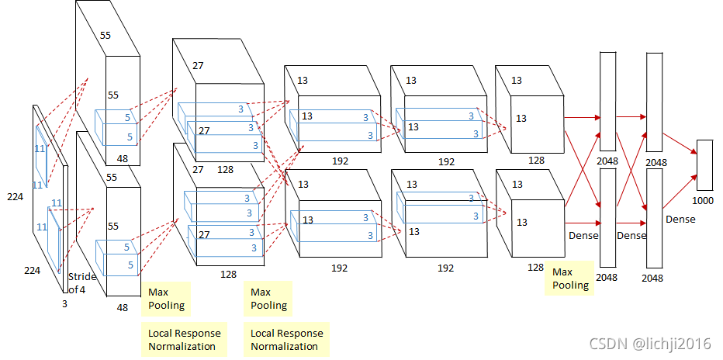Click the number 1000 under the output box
point(704,200)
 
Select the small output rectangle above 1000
point(704,164)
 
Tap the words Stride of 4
point(79,283)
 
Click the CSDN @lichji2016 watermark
point(650,344)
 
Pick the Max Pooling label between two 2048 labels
point(572,279)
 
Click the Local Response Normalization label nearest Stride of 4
point(184,339)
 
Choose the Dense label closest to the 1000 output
point(680,220)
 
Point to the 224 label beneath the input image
point(32,271)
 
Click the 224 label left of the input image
point(15,197)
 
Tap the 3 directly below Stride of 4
point(64,305)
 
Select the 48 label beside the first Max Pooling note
point(123,307)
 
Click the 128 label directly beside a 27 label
point(225,169)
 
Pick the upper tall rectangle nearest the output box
point(654,102)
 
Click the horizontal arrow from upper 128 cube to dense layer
point(582,117)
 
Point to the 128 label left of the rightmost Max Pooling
point(536,267)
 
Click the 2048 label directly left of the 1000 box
point(656,162)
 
